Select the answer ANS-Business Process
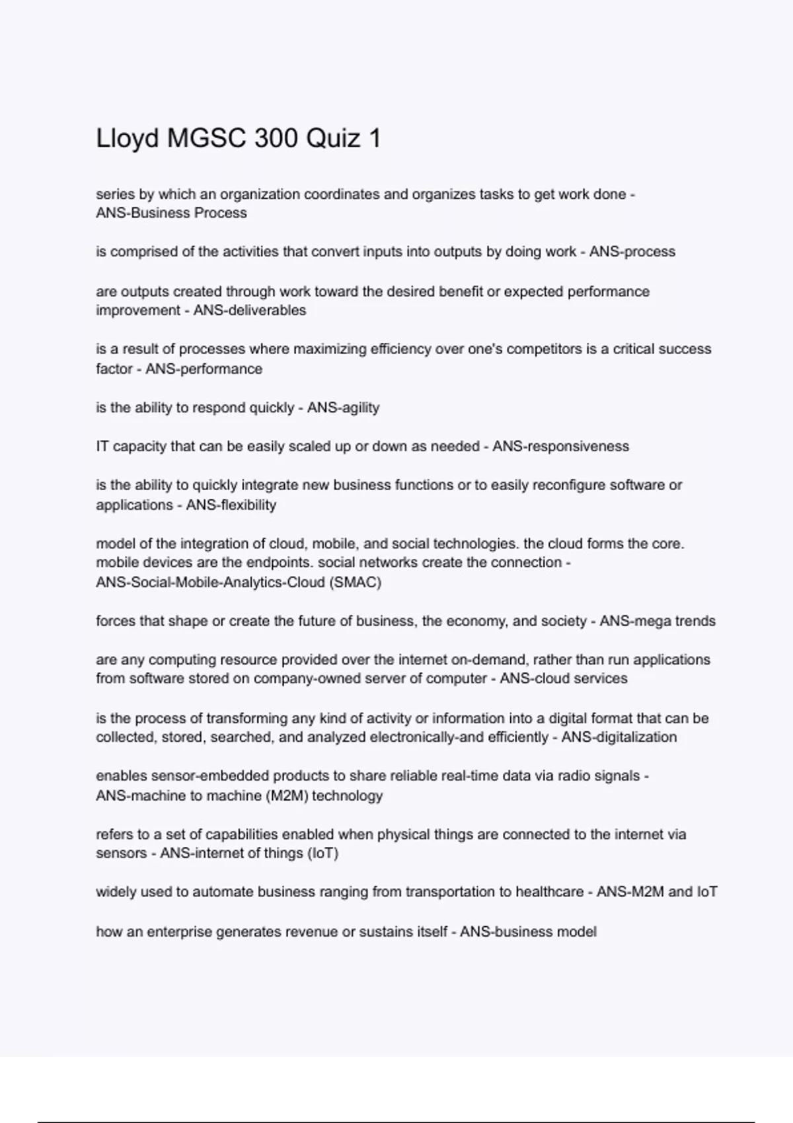pos(171,213)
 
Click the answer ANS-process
pos(632,252)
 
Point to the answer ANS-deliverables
pos(249,310)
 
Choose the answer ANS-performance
pos(204,369)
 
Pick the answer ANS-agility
pos(343,408)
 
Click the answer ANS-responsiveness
pos(560,447)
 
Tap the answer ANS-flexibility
pos(231,505)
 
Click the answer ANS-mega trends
pos(658,621)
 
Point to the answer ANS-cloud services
pos(563,679)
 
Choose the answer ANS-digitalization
pos(619,737)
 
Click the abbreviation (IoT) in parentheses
pos(322,853)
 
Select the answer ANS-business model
pos(528,932)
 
